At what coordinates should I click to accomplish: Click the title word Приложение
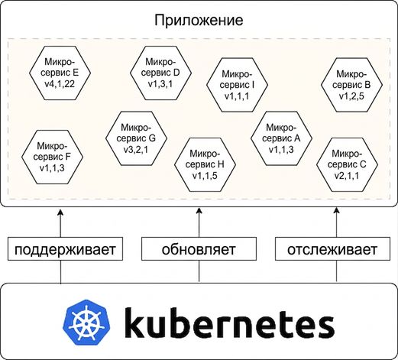pyautogui.click(x=199, y=21)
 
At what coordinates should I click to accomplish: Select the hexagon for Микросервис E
pyautogui.click(x=60, y=73)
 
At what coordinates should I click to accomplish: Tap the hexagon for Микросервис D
pyautogui.click(x=160, y=73)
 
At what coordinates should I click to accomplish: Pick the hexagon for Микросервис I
pyautogui.click(x=237, y=85)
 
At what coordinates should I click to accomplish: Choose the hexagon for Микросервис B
pyautogui.click(x=351, y=85)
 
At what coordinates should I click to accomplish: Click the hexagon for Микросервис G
pyautogui.click(x=136, y=138)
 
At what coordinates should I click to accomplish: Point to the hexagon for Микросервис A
pyautogui.click(x=281, y=138)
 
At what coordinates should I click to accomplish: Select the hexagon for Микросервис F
pyautogui.click(x=52, y=157)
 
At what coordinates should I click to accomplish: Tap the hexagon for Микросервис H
pyautogui.click(x=205, y=165)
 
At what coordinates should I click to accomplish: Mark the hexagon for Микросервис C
pyautogui.click(x=347, y=165)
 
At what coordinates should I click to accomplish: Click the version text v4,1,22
pyautogui.click(x=60, y=84)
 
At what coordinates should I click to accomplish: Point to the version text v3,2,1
pyautogui.click(x=136, y=150)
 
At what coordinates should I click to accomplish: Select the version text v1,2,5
pyautogui.click(x=351, y=96)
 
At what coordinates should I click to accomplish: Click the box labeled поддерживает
pyautogui.click(x=65, y=249)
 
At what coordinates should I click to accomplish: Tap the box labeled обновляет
pyautogui.click(x=199, y=249)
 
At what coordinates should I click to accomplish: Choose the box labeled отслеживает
pyautogui.click(x=332, y=249)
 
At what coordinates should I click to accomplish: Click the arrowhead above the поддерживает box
pyautogui.click(x=60, y=212)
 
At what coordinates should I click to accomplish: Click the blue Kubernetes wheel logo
pyautogui.click(x=87, y=323)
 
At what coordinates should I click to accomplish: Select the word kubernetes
pyautogui.click(x=229, y=323)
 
